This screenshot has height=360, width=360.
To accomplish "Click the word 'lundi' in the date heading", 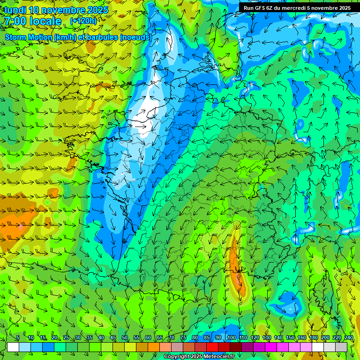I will (x=15, y=10).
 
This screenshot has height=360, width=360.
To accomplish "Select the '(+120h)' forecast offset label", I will (x=84, y=21).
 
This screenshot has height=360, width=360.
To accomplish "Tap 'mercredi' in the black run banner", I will (x=294, y=8).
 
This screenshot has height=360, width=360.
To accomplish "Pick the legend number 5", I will (x=18, y=338).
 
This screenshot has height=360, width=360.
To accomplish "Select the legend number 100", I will (x=231, y=338).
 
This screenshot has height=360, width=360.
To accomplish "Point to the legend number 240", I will (x=349, y=338).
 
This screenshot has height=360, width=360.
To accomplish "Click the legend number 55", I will (x=136, y=338).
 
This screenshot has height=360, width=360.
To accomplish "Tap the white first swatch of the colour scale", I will (x=13, y=347).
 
